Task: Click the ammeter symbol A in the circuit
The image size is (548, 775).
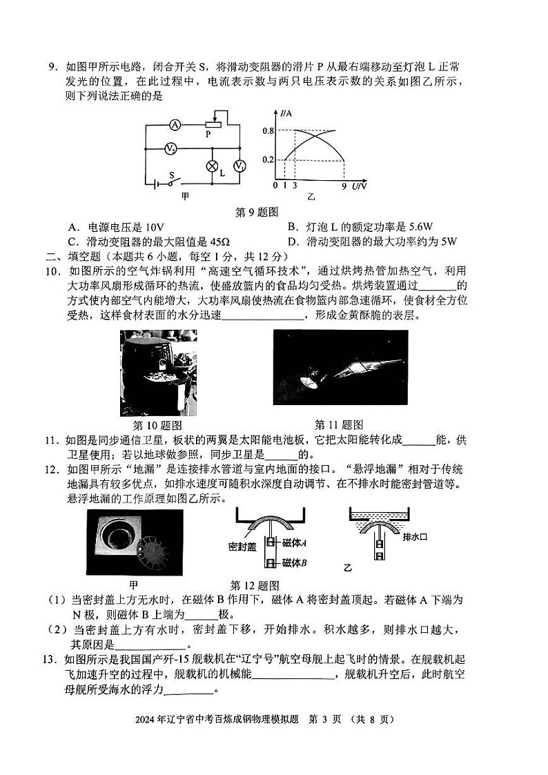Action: point(175,125)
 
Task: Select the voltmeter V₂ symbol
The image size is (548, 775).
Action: point(170,148)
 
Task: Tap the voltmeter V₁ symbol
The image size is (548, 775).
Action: point(239,166)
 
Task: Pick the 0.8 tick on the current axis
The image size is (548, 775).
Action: point(268,131)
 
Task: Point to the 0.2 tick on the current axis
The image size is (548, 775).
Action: point(268,160)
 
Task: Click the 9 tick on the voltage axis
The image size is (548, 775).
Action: point(344,186)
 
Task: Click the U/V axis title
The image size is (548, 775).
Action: point(360,186)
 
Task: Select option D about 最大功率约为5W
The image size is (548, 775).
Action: point(373,242)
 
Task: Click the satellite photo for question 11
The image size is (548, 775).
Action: point(340,367)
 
